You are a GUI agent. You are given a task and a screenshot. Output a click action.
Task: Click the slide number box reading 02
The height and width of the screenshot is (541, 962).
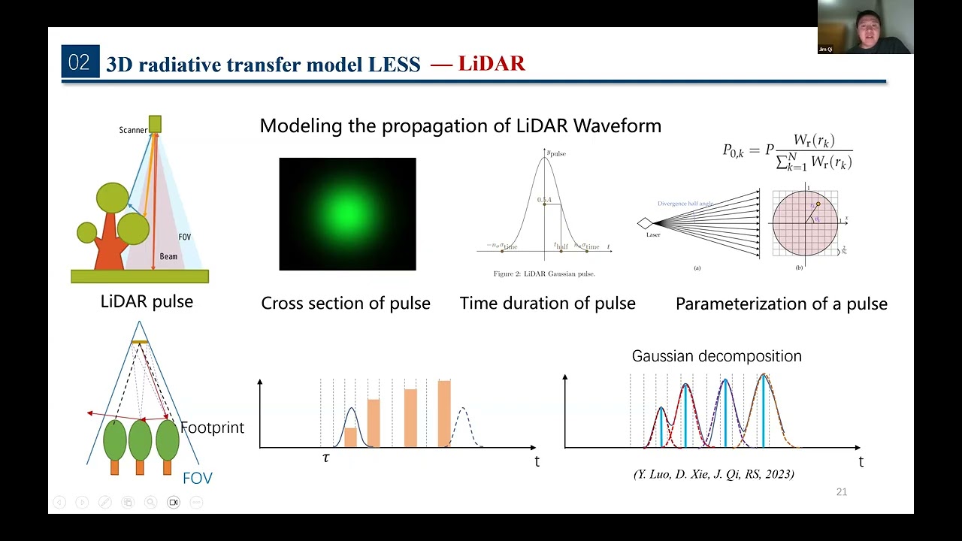coord(80,62)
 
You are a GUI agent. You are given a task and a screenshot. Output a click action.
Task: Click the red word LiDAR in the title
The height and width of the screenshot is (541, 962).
coord(492,64)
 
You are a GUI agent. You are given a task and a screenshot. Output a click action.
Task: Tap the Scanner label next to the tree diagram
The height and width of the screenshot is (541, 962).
coord(133,130)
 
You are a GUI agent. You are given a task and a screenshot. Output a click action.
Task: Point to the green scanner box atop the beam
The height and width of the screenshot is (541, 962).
coord(155,124)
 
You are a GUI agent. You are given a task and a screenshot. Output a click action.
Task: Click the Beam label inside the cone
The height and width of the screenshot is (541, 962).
coord(168,256)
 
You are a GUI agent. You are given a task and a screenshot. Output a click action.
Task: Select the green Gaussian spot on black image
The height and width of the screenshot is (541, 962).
coord(347,214)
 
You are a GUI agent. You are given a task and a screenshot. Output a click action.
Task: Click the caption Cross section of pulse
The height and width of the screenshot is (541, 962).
coord(346,304)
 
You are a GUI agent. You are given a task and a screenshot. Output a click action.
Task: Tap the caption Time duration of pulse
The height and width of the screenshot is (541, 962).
coord(547,304)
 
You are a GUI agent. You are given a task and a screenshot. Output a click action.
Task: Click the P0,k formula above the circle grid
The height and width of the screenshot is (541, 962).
coord(787,150)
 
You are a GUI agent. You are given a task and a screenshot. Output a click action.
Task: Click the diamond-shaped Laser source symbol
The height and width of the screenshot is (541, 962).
coord(645,223)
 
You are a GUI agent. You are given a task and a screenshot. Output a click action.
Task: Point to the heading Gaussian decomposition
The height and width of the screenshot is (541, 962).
coord(716,356)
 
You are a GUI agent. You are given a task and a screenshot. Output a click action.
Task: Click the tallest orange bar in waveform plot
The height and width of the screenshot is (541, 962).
coord(444,413)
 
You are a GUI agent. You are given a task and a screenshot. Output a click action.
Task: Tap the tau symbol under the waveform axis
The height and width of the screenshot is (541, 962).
coord(325,458)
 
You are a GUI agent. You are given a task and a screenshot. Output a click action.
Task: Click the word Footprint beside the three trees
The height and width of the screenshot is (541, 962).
coord(212,428)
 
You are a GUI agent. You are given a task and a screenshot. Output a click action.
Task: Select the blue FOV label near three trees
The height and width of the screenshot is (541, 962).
coord(197,479)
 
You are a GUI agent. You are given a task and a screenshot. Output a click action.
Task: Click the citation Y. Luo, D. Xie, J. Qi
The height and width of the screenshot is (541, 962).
coord(713,474)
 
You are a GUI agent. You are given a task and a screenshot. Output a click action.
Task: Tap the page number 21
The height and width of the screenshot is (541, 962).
coord(841,492)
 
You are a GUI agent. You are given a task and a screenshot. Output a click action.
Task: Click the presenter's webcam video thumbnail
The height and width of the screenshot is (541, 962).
coord(865,27)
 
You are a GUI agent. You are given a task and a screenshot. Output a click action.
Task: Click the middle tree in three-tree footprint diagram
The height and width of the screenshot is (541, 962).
coord(140,442)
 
